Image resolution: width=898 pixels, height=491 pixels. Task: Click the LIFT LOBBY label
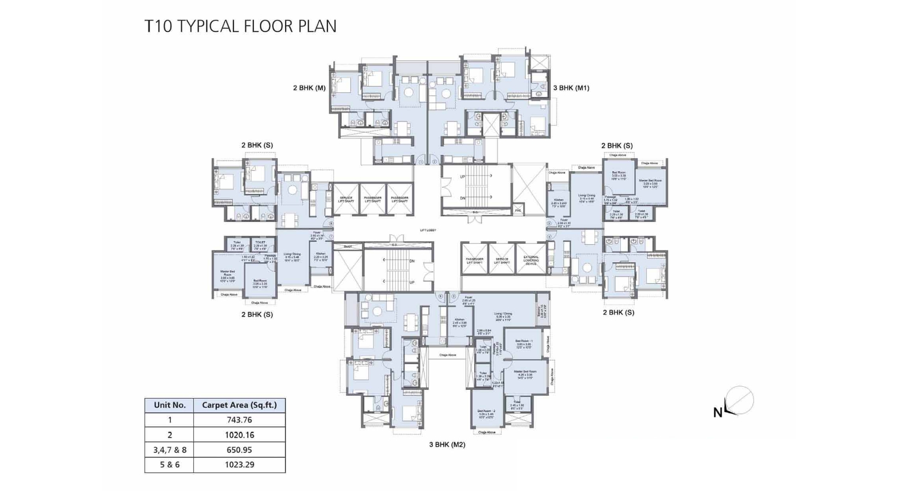coord(428,230)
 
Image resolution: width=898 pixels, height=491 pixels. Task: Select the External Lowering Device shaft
coord(530,259)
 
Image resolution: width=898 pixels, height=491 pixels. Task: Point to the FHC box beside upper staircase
coord(518,211)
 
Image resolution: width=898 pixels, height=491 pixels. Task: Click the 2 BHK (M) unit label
coord(309,88)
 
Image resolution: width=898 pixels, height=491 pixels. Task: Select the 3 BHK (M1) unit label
coord(571,88)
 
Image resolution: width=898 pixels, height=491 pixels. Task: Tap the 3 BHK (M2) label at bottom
coord(447,444)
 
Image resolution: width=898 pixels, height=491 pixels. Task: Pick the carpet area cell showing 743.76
coord(239,420)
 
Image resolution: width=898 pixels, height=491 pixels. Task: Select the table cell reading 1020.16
coord(239,435)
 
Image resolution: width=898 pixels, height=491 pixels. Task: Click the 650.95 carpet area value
coord(239,450)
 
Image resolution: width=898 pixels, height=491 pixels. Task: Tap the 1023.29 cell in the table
coord(239,465)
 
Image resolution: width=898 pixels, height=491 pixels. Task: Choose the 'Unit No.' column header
coord(169,405)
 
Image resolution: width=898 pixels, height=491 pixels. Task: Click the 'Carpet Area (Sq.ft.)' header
coord(239,405)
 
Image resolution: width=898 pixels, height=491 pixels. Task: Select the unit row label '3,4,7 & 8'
coord(169,450)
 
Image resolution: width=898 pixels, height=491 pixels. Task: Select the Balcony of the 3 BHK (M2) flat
coord(542,311)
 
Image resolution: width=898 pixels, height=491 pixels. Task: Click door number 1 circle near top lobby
coord(421,162)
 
